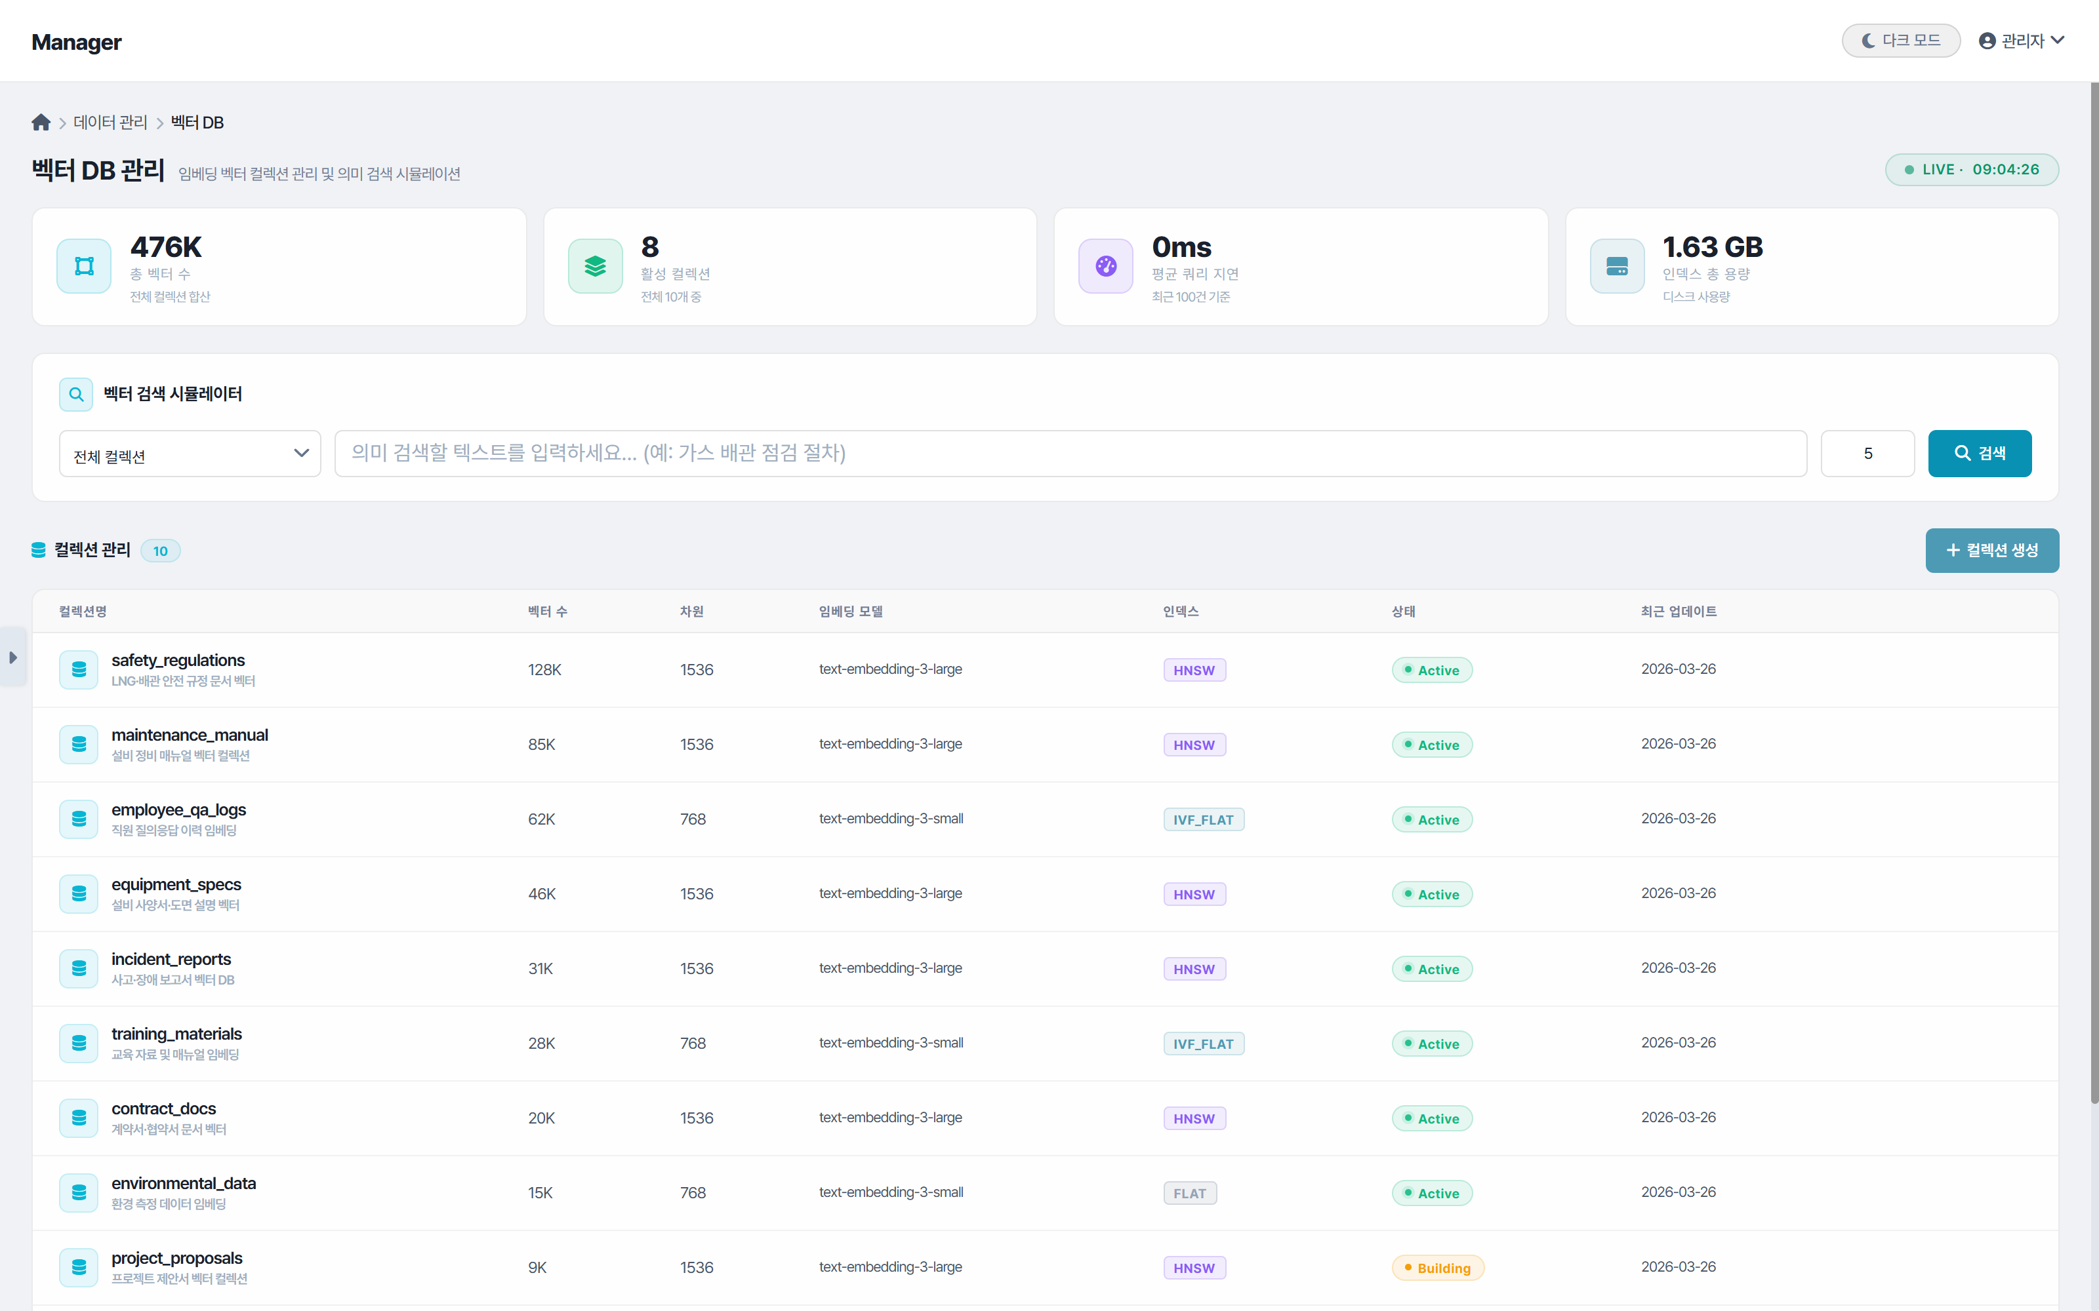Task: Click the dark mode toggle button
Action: click(x=1900, y=41)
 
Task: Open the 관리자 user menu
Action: click(x=2021, y=41)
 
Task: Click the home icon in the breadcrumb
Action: click(x=41, y=123)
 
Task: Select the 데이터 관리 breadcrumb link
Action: click(x=110, y=123)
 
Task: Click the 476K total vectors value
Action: click(x=166, y=247)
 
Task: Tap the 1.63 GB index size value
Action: click(x=1712, y=247)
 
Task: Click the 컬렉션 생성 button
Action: click(x=1991, y=551)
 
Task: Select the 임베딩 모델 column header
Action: click(x=850, y=612)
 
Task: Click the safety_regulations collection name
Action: click(x=178, y=661)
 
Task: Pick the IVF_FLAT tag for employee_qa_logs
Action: click(x=1203, y=819)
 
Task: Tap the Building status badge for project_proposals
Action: click(x=1437, y=1268)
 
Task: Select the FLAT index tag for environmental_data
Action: click(x=1189, y=1193)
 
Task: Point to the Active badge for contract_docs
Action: click(x=1431, y=1118)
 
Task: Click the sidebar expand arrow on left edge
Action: click(x=13, y=657)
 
